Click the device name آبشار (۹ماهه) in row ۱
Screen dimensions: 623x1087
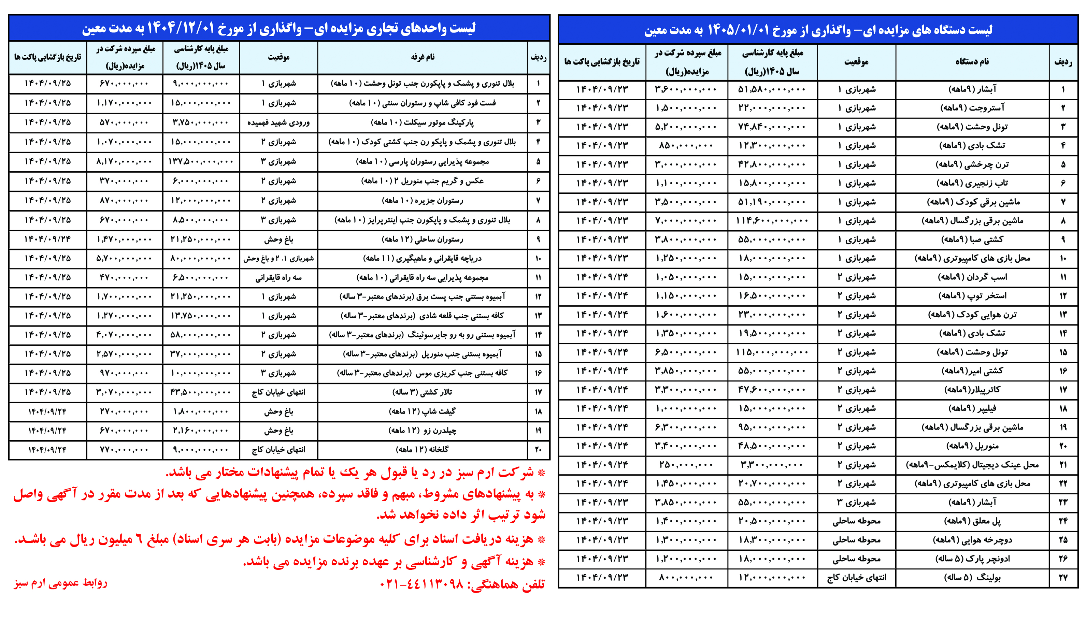coord(972,89)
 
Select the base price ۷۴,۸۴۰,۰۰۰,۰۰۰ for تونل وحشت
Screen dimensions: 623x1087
coord(772,127)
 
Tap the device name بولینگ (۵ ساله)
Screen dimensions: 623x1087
coord(972,577)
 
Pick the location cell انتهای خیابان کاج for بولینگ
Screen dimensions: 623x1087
coord(856,577)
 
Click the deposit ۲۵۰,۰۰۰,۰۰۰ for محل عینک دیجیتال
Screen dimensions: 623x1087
coord(686,465)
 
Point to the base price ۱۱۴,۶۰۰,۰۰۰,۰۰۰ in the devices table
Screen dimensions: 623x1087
coord(772,221)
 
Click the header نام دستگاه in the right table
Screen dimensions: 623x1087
coord(972,62)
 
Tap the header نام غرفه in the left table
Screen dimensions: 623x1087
coord(423,57)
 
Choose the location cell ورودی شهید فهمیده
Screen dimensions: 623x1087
coord(278,122)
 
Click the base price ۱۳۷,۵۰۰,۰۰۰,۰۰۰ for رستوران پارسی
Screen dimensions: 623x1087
coord(201,161)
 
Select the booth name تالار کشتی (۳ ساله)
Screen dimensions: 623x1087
coord(423,392)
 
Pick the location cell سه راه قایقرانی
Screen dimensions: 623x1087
coord(278,278)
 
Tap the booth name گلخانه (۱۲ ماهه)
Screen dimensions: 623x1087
coord(423,449)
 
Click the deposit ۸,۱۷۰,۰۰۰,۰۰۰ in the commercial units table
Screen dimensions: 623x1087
coord(124,161)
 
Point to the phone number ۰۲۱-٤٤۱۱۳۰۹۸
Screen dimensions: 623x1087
coord(421,584)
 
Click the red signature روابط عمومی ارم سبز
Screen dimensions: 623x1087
coord(60,583)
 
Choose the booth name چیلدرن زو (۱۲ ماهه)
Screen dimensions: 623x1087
coord(423,431)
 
